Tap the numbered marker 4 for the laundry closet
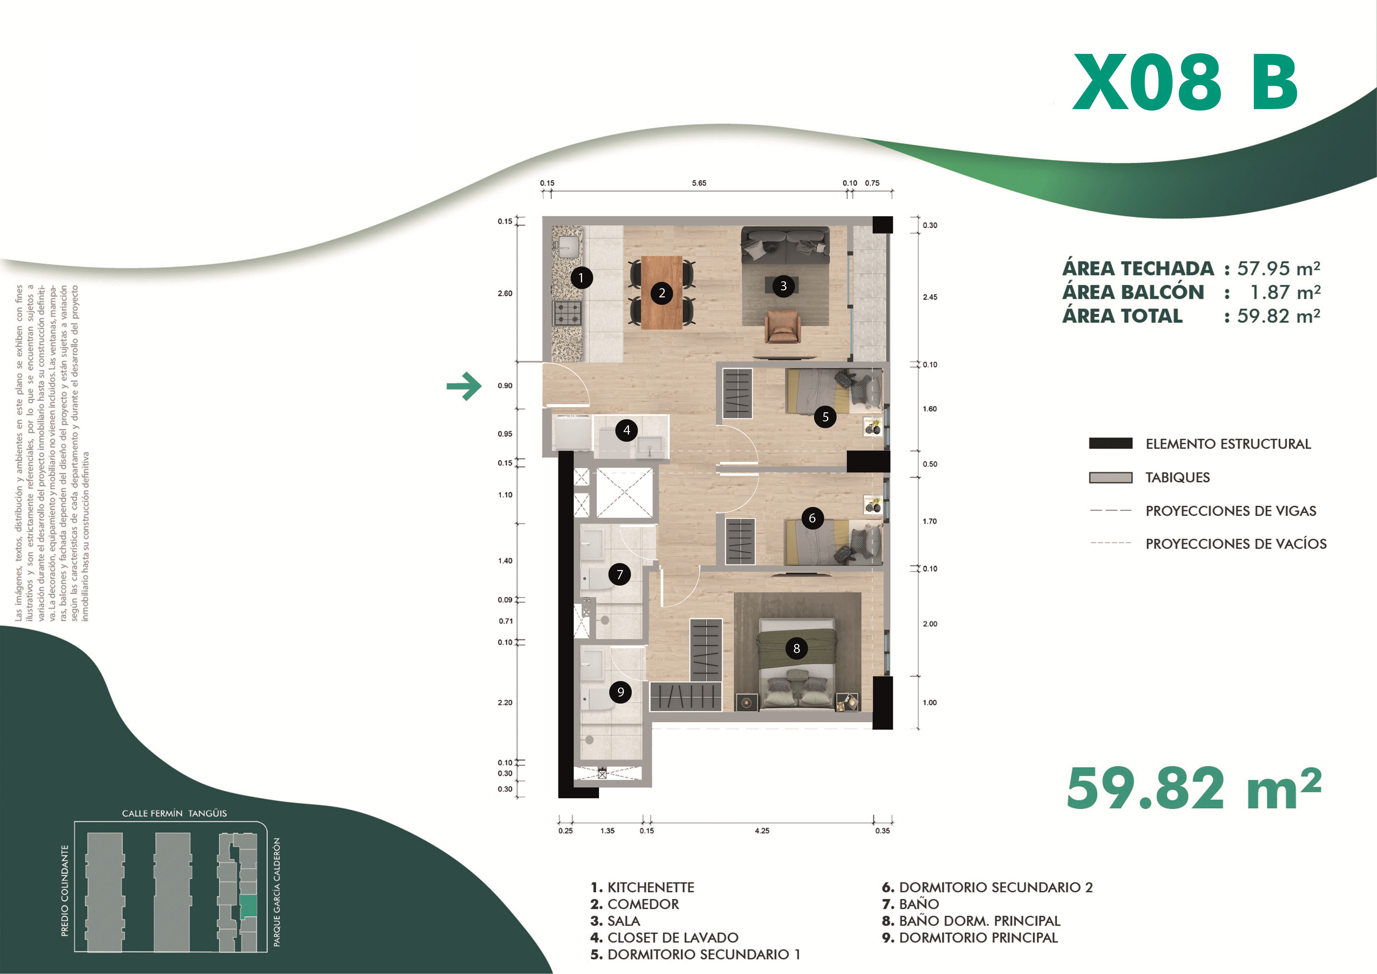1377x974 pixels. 627,430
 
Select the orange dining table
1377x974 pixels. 661,293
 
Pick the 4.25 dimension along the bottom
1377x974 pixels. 762,831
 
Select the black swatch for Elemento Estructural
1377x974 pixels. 1111,443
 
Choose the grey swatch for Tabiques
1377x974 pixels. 1111,477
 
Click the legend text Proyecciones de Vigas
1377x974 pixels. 1231,511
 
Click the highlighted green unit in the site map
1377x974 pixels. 248,906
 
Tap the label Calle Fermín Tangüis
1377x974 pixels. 175,813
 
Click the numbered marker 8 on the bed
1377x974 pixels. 796,648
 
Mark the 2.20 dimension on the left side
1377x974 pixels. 505,702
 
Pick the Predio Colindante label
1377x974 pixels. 65,891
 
